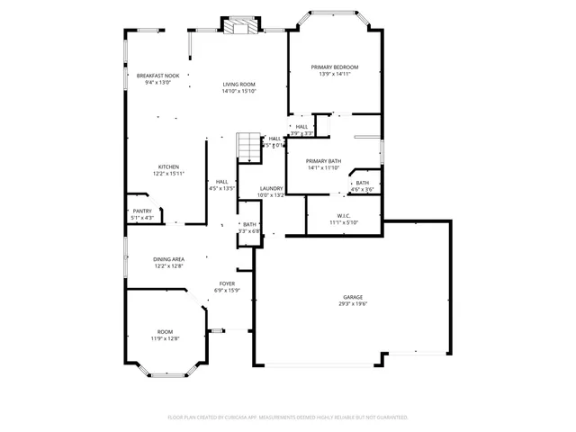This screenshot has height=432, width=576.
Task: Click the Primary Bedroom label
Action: click(335, 67)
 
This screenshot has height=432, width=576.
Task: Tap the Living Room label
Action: click(240, 85)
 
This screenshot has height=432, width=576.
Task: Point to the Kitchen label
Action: click(168, 166)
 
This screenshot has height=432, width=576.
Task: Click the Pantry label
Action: click(142, 211)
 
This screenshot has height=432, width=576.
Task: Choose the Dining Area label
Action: click(168, 259)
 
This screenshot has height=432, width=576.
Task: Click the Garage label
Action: click(352, 297)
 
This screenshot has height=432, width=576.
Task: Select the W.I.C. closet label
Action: click(344, 215)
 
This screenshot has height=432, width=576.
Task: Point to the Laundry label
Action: click(271, 188)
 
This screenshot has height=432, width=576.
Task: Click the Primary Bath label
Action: click(323, 161)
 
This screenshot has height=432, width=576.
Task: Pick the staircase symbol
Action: click(247, 146)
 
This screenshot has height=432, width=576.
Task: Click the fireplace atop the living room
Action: click(240, 27)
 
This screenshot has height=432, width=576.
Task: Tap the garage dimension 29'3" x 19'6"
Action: click(352, 304)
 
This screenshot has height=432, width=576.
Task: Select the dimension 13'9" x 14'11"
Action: click(335, 75)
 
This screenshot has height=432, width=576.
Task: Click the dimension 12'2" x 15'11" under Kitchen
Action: click(168, 174)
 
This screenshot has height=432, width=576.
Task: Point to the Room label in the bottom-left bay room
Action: click(165, 331)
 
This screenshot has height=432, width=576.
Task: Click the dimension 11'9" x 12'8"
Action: click(165, 338)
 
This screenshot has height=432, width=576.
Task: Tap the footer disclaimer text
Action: click(288, 418)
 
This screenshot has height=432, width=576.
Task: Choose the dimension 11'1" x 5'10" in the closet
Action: click(344, 222)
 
